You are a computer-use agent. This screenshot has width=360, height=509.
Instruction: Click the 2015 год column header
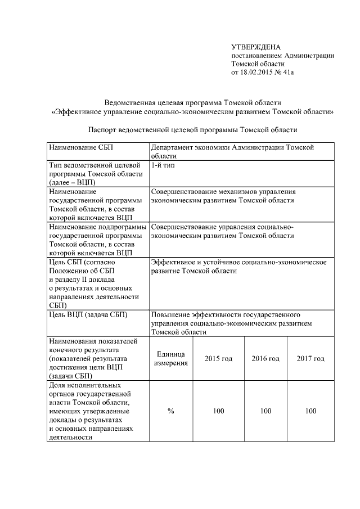(x=218, y=358)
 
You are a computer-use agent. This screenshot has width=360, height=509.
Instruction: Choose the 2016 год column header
(x=265, y=358)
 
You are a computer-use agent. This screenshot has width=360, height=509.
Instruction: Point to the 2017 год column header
(x=310, y=358)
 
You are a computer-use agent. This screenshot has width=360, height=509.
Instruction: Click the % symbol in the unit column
(x=170, y=411)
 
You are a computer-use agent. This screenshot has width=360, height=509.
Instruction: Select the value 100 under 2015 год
(x=218, y=411)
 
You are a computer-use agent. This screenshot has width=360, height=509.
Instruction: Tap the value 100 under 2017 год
(x=310, y=411)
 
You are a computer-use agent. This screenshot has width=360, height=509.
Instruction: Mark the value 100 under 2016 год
(x=265, y=411)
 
